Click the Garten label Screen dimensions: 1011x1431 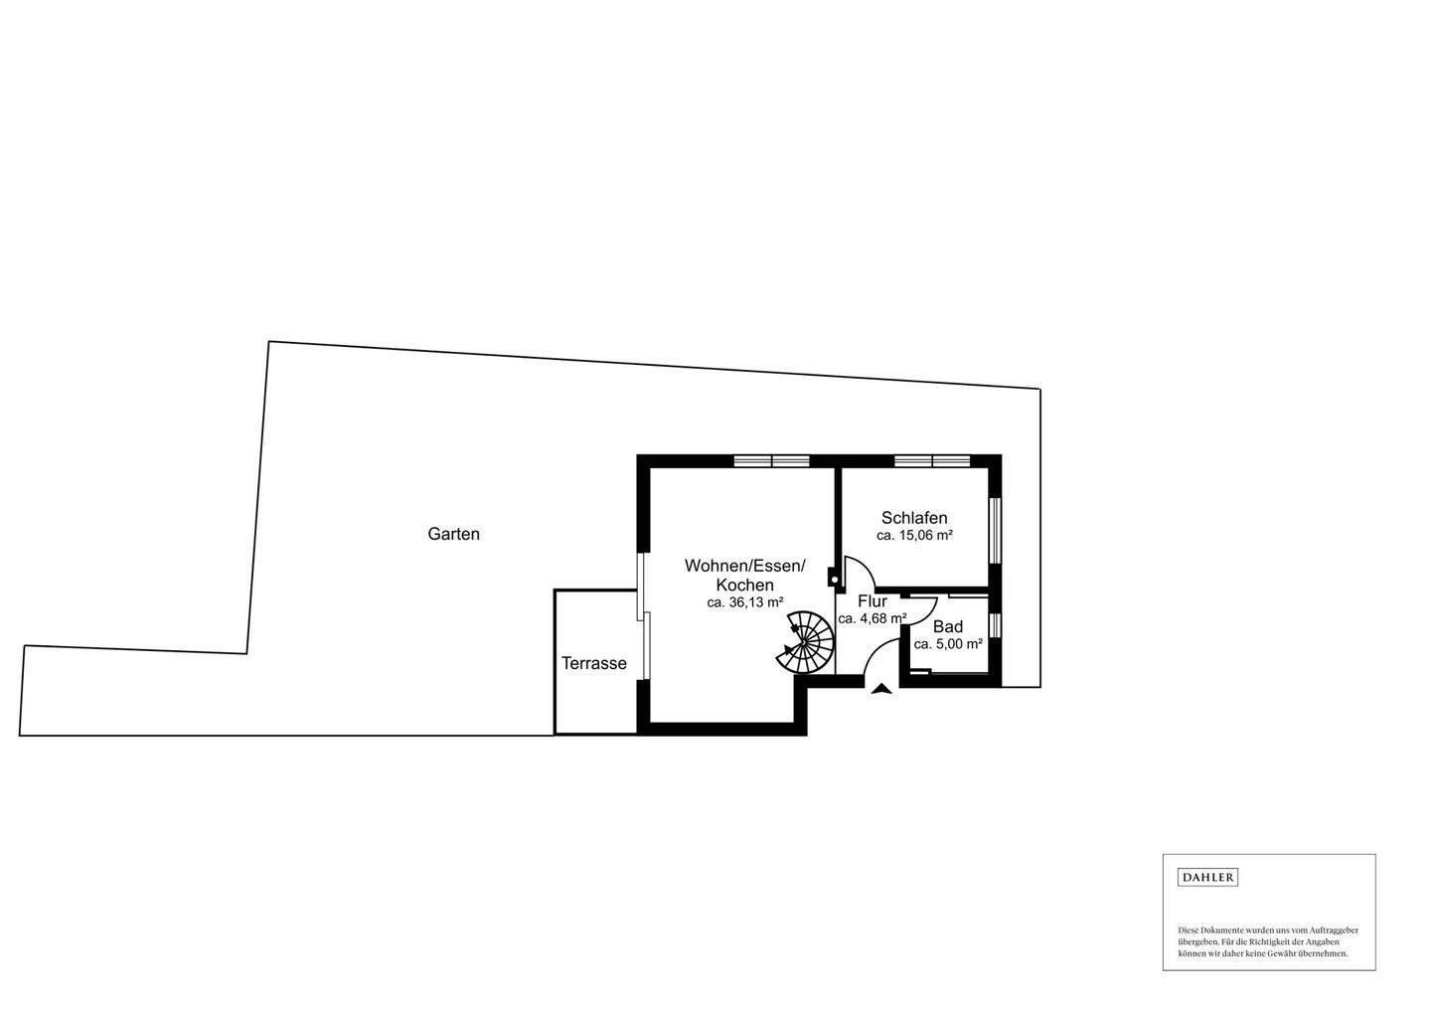(x=453, y=534)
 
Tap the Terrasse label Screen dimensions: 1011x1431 (x=593, y=663)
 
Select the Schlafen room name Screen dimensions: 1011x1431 (x=914, y=518)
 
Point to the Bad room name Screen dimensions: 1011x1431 (x=947, y=627)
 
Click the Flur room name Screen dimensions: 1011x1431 (x=872, y=601)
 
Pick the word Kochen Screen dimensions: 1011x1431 (x=744, y=585)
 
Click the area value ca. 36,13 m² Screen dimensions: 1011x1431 (x=744, y=602)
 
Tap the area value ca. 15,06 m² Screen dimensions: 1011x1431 (x=914, y=536)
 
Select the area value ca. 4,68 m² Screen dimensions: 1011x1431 (x=872, y=618)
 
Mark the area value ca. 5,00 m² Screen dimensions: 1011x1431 (x=947, y=644)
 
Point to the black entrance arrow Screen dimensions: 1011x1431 (x=880, y=688)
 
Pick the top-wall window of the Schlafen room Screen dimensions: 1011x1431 (x=931, y=460)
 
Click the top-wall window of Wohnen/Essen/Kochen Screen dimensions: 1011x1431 (x=772, y=460)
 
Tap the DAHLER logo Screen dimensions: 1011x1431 (x=1207, y=877)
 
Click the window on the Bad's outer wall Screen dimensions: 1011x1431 (x=995, y=625)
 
